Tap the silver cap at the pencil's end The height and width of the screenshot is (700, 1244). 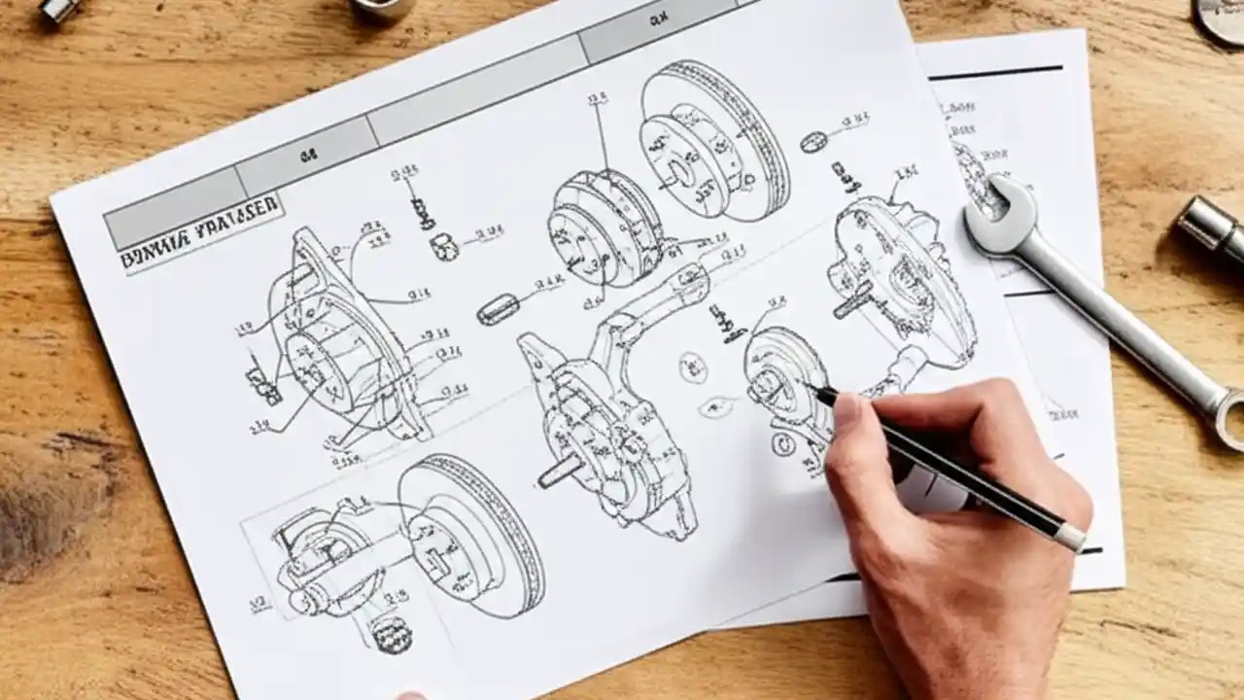click(x=1071, y=537)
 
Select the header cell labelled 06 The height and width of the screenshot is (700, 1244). click(x=307, y=153)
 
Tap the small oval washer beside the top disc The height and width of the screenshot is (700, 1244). click(x=813, y=143)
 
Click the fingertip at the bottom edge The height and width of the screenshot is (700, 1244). click(x=412, y=695)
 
